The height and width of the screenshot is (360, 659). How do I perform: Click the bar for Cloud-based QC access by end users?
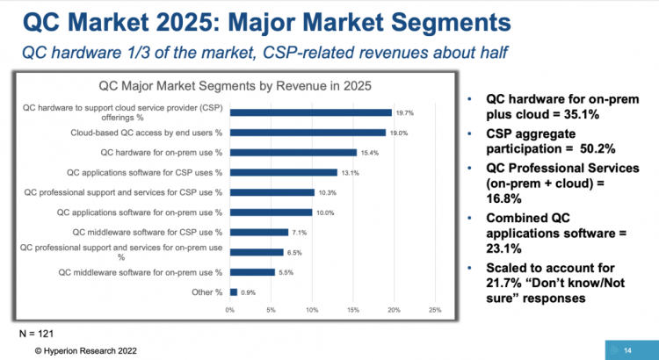click(x=308, y=133)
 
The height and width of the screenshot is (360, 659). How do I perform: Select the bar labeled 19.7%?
click(x=310, y=112)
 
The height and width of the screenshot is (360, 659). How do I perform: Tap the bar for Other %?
click(x=234, y=292)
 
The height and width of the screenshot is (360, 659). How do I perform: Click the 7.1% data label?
click(x=301, y=232)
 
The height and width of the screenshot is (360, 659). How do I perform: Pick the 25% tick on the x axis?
click(x=434, y=310)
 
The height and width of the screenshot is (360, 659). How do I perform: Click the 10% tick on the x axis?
click(x=312, y=310)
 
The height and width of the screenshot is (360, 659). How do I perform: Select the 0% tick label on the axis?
click(x=230, y=310)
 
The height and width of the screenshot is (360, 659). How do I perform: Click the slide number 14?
click(x=627, y=350)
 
